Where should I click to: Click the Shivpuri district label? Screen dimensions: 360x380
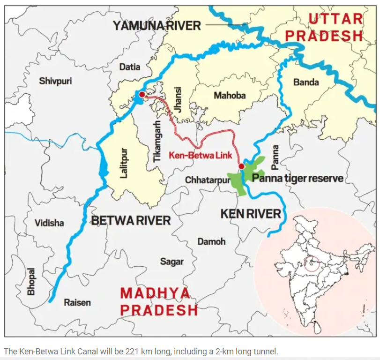click(x=55, y=81)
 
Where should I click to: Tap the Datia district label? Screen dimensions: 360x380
click(x=129, y=67)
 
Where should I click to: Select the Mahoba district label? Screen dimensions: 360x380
click(x=230, y=96)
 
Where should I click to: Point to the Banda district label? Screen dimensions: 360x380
click(x=306, y=82)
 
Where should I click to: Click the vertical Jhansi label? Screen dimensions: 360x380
click(x=178, y=99)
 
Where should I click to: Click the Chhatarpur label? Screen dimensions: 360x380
click(x=204, y=180)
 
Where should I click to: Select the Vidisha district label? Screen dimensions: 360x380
click(x=49, y=223)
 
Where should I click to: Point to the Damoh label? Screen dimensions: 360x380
click(x=211, y=242)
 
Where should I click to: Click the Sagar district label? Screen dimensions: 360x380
click(x=172, y=262)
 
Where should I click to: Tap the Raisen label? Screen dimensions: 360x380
click(x=77, y=302)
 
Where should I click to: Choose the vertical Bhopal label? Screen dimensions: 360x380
click(x=31, y=281)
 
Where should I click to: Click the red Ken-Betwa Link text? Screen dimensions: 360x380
click(x=201, y=155)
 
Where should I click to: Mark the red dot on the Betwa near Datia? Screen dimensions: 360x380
click(x=142, y=95)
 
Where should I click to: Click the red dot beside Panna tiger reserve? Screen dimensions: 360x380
click(x=241, y=166)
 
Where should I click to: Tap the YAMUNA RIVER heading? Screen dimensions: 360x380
click(x=156, y=25)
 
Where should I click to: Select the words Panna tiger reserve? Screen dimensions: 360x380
click(x=298, y=179)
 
